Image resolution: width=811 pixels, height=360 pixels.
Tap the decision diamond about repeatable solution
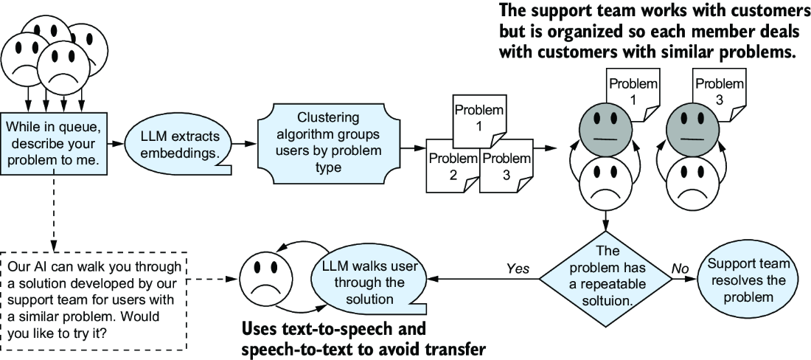pyautogui.click(x=605, y=280)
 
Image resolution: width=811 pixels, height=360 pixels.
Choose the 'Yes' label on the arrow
pyautogui.click(x=518, y=269)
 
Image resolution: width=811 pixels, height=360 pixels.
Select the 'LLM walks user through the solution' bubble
pyautogui.click(x=369, y=282)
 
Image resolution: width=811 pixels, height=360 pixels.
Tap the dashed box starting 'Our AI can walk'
pyautogui.click(x=94, y=300)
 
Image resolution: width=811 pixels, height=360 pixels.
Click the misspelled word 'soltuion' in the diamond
pyautogui.click(x=605, y=300)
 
